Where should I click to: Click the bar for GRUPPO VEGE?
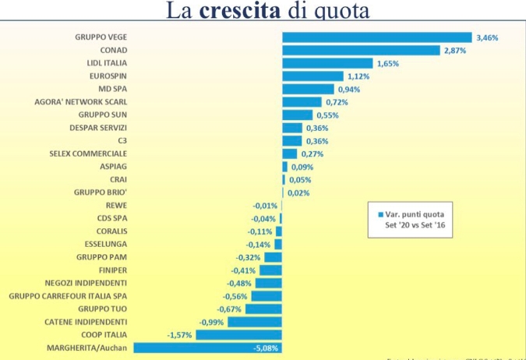click(376, 37)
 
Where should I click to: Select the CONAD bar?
click(361, 51)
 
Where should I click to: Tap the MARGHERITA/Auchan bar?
click(207, 348)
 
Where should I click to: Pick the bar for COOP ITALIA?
click(238, 334)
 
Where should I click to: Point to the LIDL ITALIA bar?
click(327, 63)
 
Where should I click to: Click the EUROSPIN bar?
click(312, 76)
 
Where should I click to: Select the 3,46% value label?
click(486, 37)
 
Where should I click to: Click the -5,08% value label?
click(267, 348)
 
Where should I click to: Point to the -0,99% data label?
click(211, 322)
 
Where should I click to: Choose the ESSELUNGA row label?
click(105, 244)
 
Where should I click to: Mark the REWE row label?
click(118, 206)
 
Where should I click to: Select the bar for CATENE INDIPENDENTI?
click(255, 322)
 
